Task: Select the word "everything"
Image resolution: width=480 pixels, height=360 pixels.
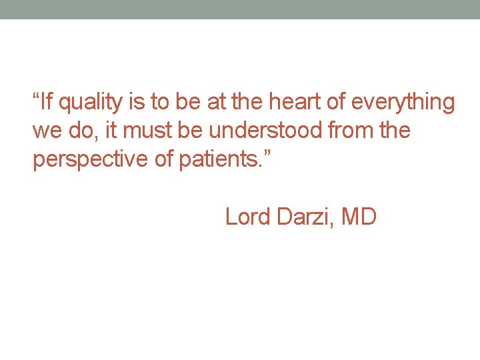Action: (x=403, y=103)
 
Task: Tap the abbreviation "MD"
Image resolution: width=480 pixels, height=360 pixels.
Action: (x=359, y=217)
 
